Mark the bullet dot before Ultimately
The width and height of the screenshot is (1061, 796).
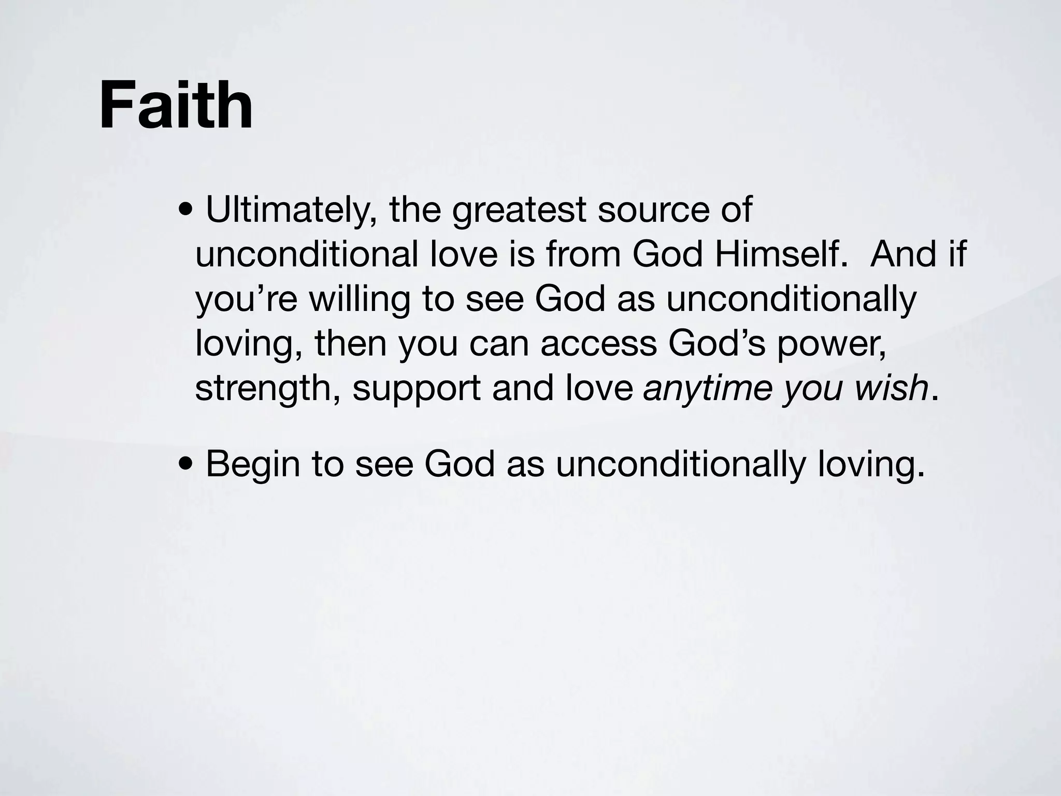point(185,211)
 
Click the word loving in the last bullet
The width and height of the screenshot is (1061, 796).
point(871,464)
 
